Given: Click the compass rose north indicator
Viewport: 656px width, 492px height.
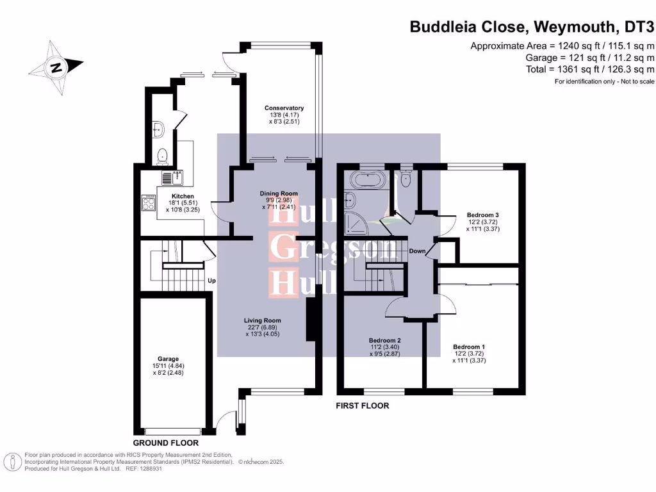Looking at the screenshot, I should point(57,66).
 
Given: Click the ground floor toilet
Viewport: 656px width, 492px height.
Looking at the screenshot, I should point(163,154).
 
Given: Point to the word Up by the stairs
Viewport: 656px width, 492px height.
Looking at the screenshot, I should point(211,281).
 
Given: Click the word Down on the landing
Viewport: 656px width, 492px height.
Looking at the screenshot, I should point(418,251).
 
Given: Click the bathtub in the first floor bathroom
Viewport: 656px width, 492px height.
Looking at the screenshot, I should point(367,179).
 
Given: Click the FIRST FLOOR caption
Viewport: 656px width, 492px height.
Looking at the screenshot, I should point(363,406).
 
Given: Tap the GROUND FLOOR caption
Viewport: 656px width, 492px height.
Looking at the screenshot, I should point(165,443).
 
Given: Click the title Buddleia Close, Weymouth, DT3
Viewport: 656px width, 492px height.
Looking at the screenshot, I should point(532,27).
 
